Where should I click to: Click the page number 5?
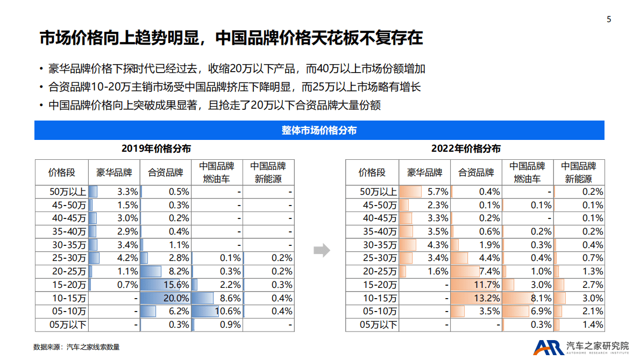(x=609, y=19)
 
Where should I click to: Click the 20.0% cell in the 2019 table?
(x=165, y=298)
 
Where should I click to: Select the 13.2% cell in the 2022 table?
(x=476, y=298)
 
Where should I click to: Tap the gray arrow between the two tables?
(x=321, y=250)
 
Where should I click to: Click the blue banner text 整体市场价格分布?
(x=319, y=131)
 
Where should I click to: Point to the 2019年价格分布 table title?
(x=156, y=149)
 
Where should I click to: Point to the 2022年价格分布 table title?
(x=466, y=149)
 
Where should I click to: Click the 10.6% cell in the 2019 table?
(x=217, y=312)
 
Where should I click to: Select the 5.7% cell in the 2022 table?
(x=424, y=192)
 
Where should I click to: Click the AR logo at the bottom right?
(x=548, y=348)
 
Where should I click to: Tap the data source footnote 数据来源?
(x=76, y=347)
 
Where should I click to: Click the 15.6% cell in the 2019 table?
(x=165, y=285)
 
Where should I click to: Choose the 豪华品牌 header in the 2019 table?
(x=114, y=173)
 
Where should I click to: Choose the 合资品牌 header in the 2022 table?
(x=476, y=173)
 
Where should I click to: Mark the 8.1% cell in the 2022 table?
(x=528, y=298)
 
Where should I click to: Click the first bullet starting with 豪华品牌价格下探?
(x=237, y=69)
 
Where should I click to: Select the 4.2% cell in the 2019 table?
(x=114, y=258)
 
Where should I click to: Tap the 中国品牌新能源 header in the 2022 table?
(x=579, y=173)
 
